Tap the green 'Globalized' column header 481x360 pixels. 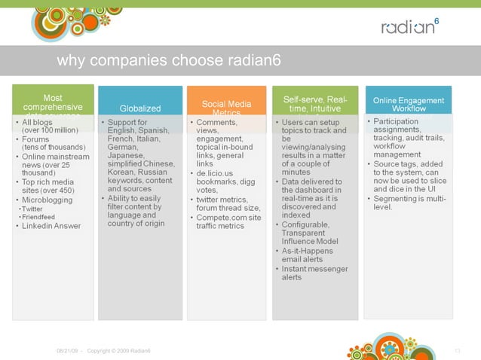click(140, 108)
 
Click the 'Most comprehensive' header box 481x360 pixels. click(53, 103)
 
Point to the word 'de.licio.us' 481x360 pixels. click(219, 173)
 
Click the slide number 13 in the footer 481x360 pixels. click(457, 351)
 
